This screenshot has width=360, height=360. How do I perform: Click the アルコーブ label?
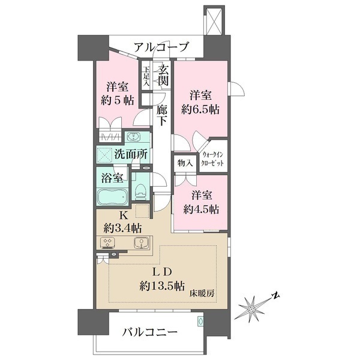pyautogui.click(x=161, y=47)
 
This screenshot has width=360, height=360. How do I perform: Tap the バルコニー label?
pyautogui.click(x=149, y=332)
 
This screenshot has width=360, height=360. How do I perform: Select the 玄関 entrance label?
pyautogui.click(x=164, y=75)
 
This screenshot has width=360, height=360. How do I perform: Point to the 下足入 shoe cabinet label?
pyautogui.click(x=146, y=76)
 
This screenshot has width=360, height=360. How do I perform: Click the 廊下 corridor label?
pyautogui.click(x=161, y=115)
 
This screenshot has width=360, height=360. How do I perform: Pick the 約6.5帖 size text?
pyautogui.click(x=200, y=110)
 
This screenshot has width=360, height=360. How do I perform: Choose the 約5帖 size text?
pyautogui.click(x=118, y=100)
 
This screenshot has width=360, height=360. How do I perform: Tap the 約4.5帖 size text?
pyautogui.click(x=201, y=209)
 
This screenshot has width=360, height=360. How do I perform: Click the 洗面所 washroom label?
pyautogui.click(x=131, y=154)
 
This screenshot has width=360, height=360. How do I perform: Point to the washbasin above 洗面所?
pyautogui.click(x=133, y=137)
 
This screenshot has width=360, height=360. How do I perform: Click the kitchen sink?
pyautogui.click(x=141, y=243)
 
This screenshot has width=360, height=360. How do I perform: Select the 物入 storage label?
pyautogui.click(x=185, y=163)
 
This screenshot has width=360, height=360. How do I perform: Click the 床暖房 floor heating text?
pyautogui.click(x=202, y=293)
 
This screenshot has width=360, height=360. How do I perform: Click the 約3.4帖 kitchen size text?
pyautogui.click(x=122, y=228)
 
